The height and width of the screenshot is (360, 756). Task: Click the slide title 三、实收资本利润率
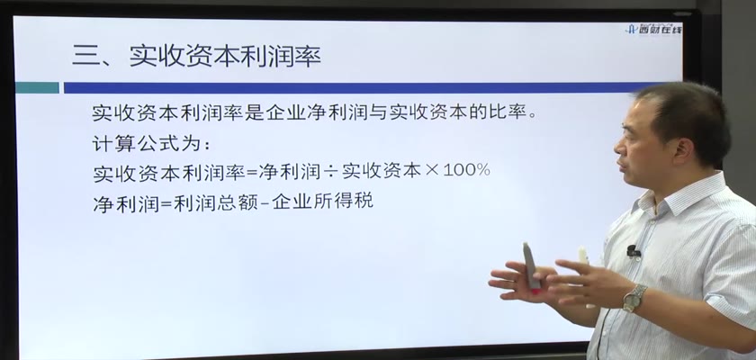coord(196,57)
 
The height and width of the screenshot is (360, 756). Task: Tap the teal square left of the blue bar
coord(37,87)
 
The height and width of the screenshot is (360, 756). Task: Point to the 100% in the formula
coord(466,170)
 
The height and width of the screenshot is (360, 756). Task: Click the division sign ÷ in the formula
coord(331,171)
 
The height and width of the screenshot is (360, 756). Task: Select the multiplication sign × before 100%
coord(432,171)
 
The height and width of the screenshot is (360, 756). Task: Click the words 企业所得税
coord(322,201)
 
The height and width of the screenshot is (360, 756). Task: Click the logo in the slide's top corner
coord(653,29)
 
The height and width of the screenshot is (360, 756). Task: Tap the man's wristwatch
coord(634,297)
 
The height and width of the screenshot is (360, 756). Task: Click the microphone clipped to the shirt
coord(634,251)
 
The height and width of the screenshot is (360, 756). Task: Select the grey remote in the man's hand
coord(531,265)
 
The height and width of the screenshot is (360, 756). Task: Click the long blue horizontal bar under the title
coord(355,87)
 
